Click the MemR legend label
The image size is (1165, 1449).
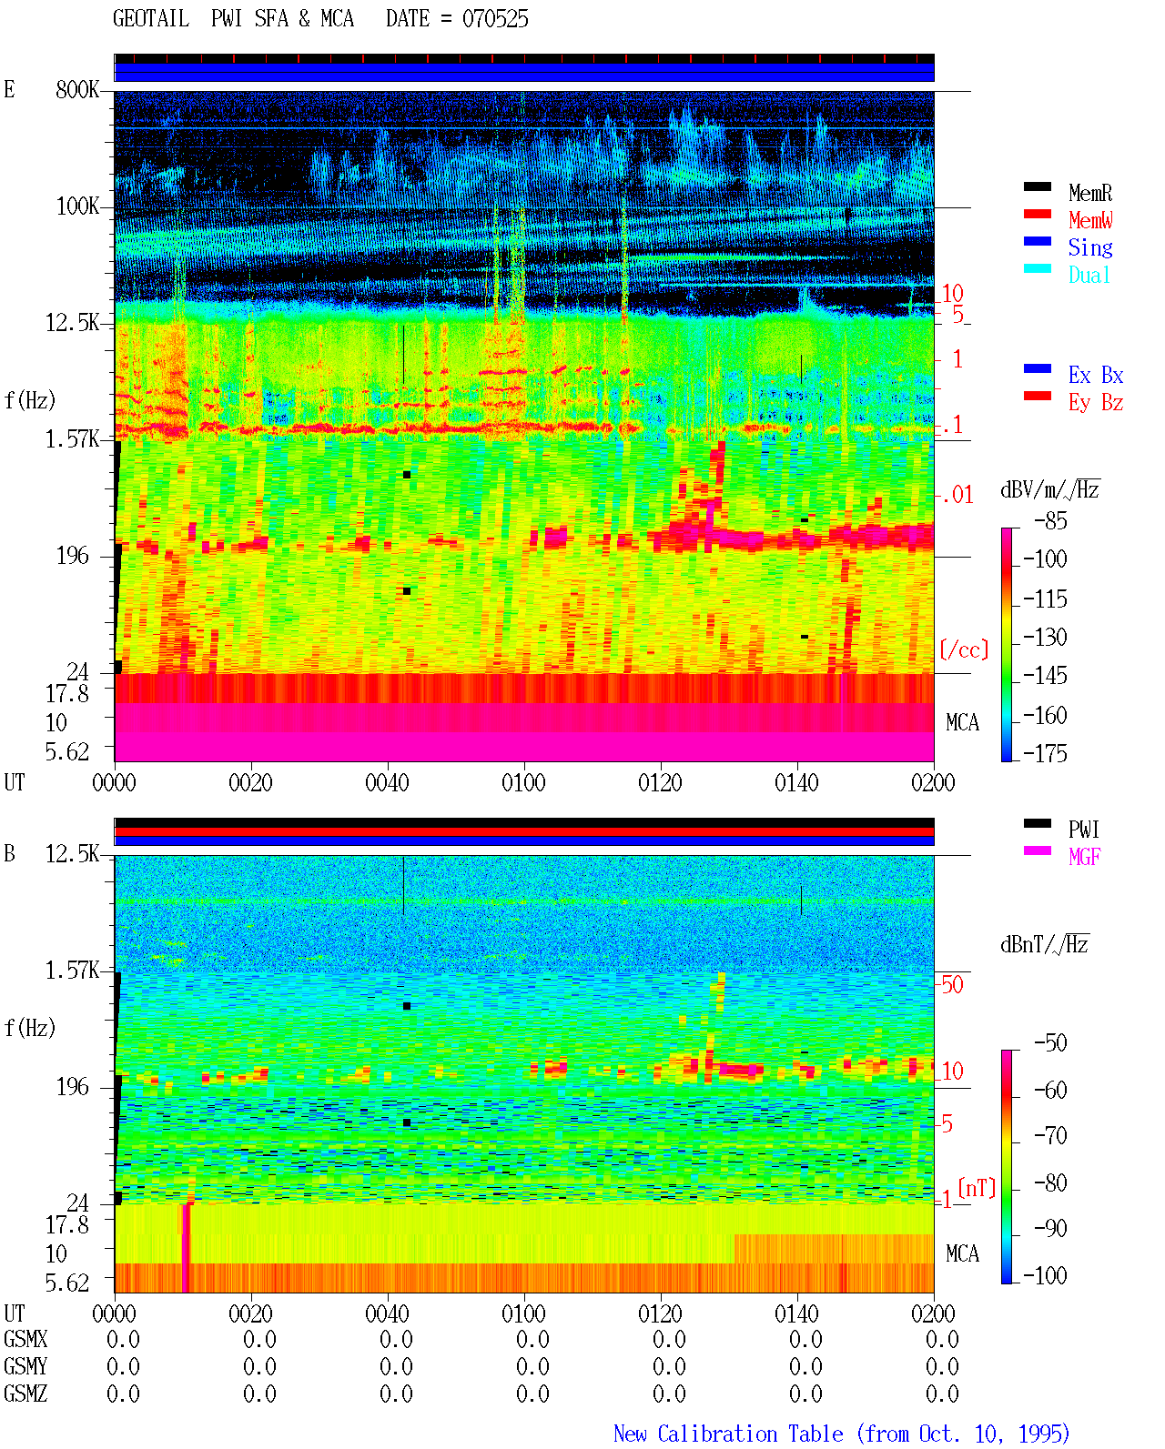[x=1089, y=193]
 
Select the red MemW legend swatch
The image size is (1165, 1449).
[x=1037, y=214]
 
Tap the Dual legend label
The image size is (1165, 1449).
[x=1089, y=275]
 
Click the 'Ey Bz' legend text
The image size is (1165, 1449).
[x=1095, y=403]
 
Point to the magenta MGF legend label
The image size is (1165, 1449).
[x=1084, y=857]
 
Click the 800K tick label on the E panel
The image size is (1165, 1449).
[x=77, y=89]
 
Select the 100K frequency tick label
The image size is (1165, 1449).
[x=77, y=206]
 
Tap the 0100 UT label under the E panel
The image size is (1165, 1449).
[x=523, y=782]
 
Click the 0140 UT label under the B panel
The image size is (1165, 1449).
[x=796, y=1313]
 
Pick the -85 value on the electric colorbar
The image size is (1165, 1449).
[x=1050, y=521]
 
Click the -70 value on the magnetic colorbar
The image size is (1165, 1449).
[x=1050, y=1136]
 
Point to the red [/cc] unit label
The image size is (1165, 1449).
[x=964, y=649]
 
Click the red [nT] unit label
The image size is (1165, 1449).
[x=977, y=1188]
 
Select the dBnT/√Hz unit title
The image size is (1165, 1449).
[x=1044, y=944]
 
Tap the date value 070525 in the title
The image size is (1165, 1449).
[x=495, y=19]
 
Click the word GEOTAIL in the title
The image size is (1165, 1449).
[x=151, y=19]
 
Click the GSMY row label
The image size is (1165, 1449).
[x=25, y=1366]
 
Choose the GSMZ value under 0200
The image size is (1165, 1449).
[x=942, y=1394]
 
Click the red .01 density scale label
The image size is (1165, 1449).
[x=957, y=496]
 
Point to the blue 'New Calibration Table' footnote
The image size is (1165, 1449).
[x=728, y=1434]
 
